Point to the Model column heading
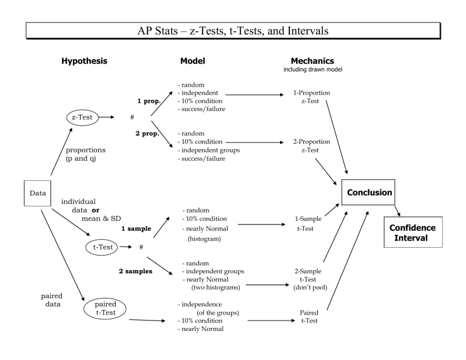click(192, 61)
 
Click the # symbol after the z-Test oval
click(132, 116)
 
